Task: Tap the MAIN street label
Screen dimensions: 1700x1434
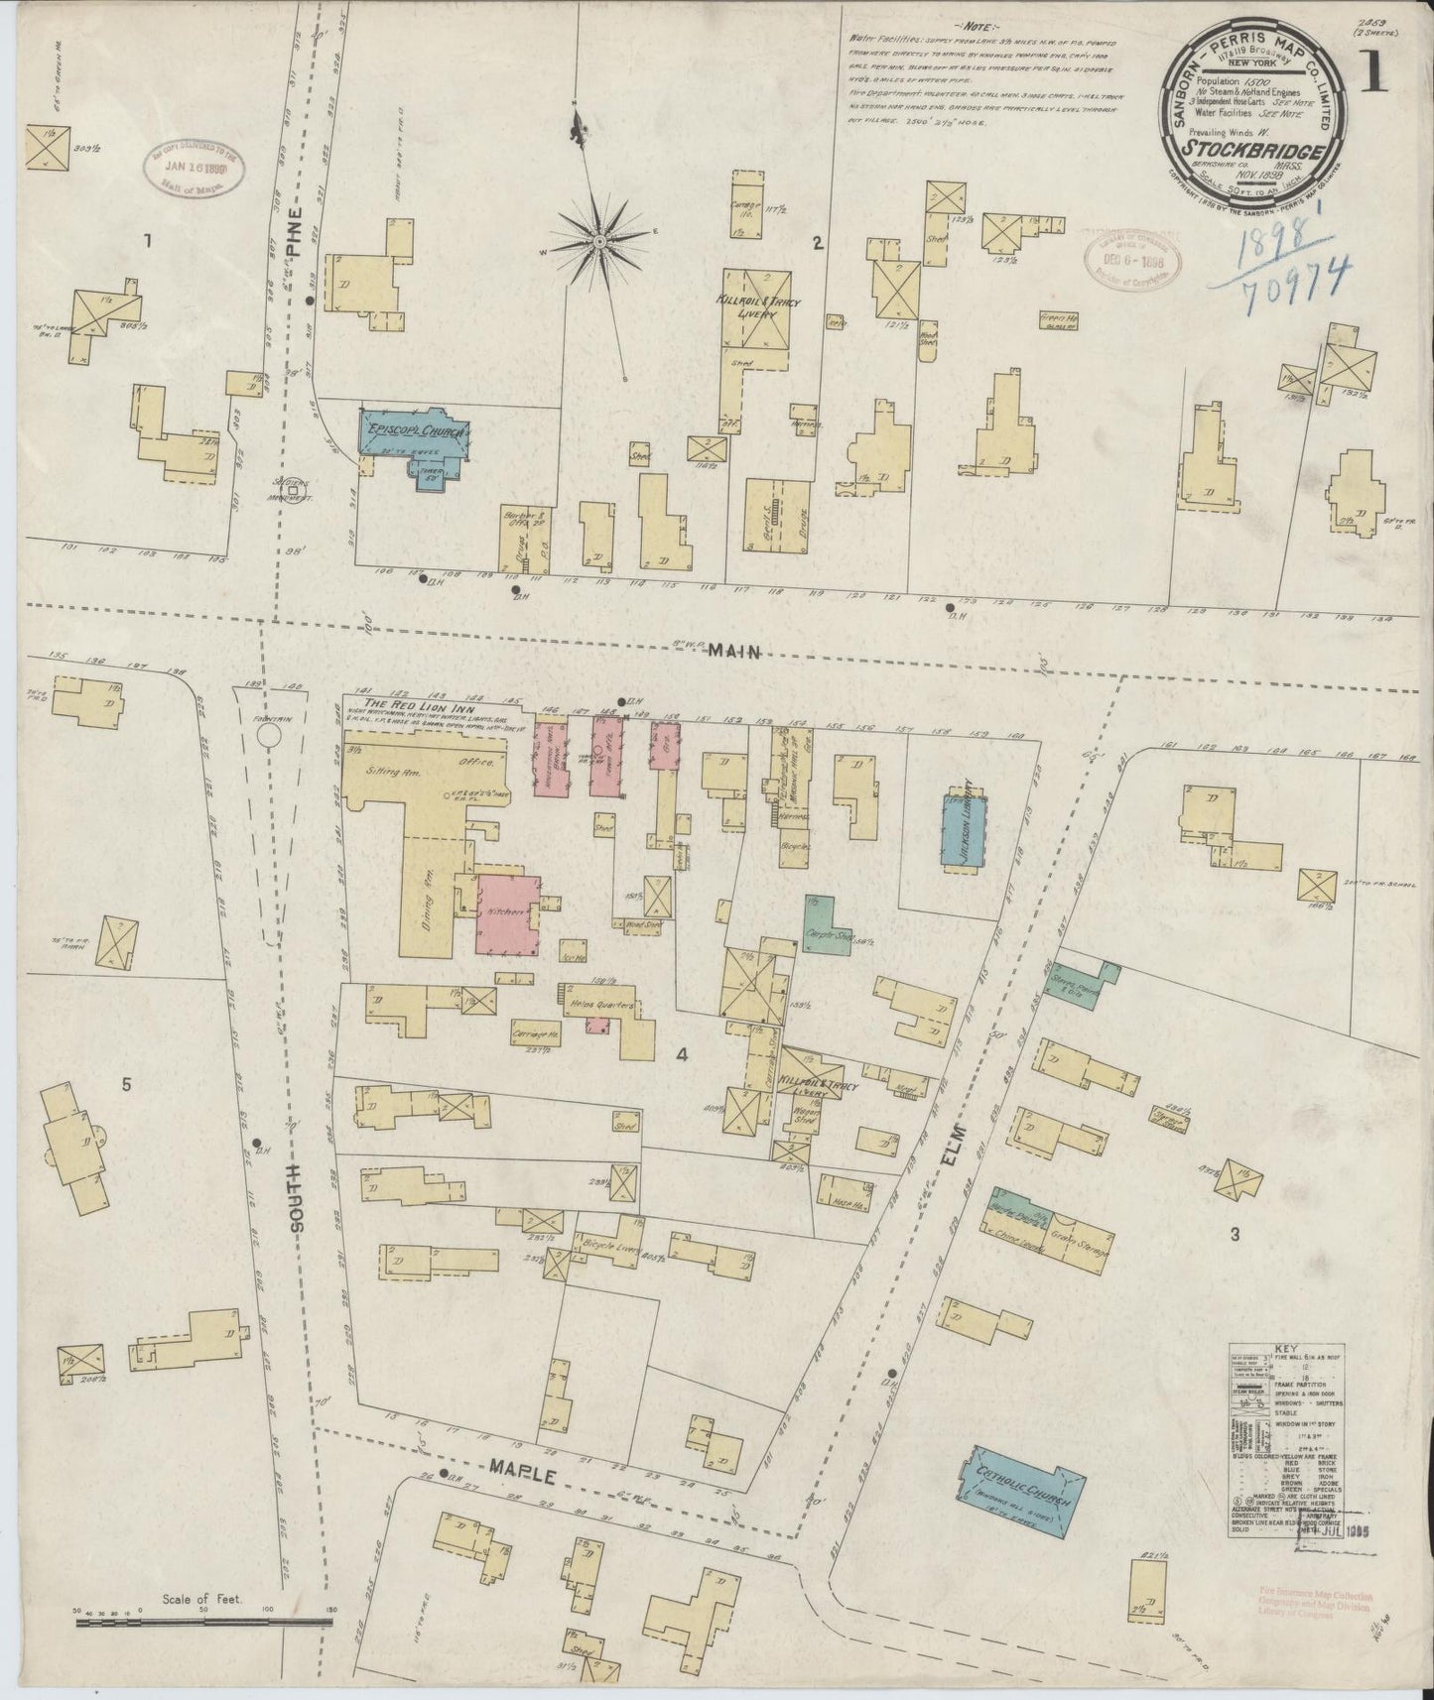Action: [x=733, y=651]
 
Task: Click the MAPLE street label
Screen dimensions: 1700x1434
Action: [x=518, y=1464]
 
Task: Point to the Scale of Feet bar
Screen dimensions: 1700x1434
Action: [x=203, y=1623]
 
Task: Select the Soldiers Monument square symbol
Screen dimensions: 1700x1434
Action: [x=293, y=488]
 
